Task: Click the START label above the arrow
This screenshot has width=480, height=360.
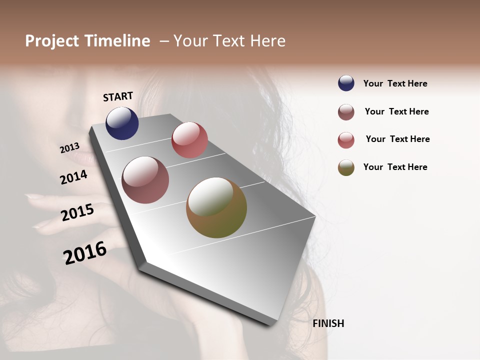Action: [x=118, y=96]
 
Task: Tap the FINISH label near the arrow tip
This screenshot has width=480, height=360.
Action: [x=328, y=323]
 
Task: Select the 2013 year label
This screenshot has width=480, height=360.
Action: [x=70, y=148]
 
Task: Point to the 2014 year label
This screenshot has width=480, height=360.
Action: [x=74, y=177]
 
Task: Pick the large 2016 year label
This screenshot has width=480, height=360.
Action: [x=85, y=253]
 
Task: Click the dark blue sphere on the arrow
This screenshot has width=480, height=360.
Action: [x=122, y=123]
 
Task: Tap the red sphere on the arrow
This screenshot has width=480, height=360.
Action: [x=189, y=140]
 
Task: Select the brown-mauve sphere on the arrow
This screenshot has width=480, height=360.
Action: [x=145, y=180]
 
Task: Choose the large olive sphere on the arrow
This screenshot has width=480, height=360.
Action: [x=216, y=207]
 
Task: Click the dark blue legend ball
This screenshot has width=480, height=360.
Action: [x=346, y=83]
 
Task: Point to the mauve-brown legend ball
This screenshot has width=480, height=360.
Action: [x=346, y=112]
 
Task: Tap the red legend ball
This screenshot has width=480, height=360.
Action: [x=346, y=140]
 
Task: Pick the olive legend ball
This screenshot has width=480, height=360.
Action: [x=346, y=167]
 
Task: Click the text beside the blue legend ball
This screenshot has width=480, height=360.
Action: [x=395, y=84]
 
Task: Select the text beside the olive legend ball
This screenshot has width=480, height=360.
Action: [x=395, y=167]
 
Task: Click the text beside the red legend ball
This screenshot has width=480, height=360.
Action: [x=397, y=139]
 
